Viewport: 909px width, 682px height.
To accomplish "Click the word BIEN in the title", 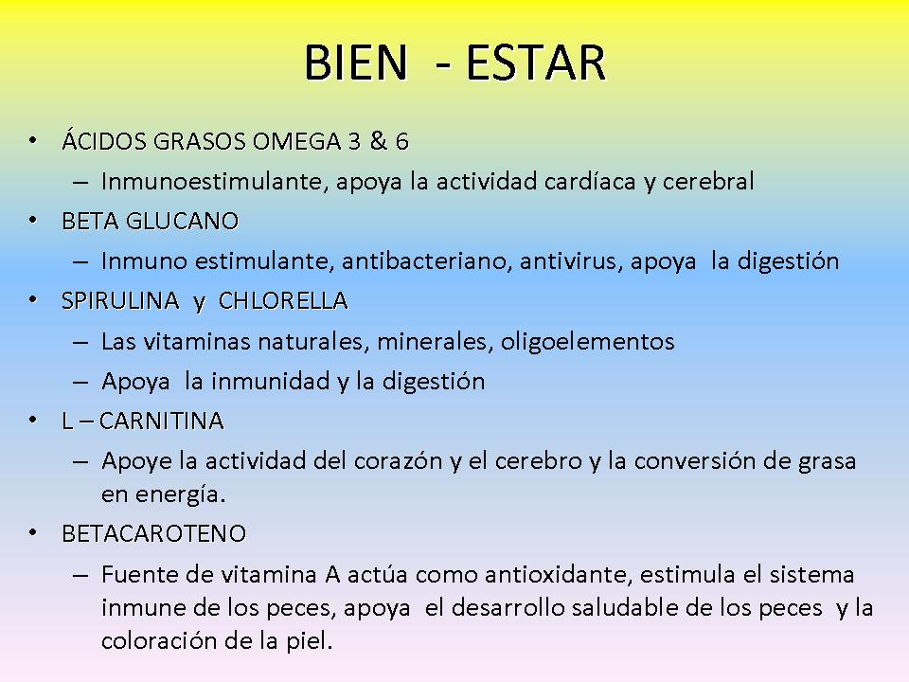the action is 356,63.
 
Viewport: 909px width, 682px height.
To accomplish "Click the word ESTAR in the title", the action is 536,63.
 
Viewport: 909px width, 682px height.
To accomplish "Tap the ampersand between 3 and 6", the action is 379,141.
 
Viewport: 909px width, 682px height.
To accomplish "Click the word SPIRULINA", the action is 120,301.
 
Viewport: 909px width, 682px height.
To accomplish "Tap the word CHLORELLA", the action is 283,301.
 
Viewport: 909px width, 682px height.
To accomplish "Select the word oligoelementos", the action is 588,342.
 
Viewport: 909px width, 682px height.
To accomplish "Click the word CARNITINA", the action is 161,421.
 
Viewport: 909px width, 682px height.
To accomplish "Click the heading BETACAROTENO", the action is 153,533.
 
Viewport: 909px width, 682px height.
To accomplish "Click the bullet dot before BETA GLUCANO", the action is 33,221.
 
